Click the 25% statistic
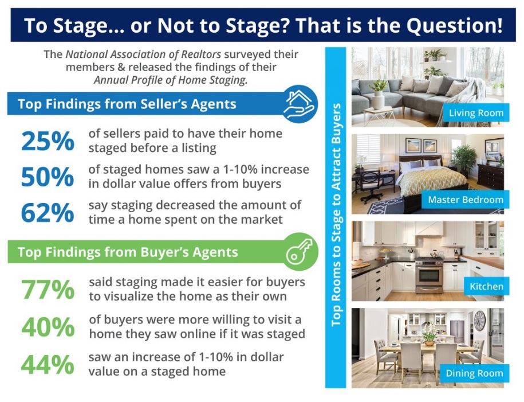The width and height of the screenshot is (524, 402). coord(48,142)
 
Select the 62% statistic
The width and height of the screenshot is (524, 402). coord(48,213)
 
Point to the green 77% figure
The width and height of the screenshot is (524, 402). coord(48,290)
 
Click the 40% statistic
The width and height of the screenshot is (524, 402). coord(48,327)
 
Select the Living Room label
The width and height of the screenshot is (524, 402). coord(476,113)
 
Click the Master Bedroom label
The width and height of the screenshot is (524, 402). coord(465,200)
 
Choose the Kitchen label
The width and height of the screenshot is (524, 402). coord(486,286)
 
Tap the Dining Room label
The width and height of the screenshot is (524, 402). coord(474,373)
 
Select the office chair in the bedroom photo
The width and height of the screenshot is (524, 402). coord(372,184)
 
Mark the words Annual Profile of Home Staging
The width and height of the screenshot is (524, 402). coord(170,80)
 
